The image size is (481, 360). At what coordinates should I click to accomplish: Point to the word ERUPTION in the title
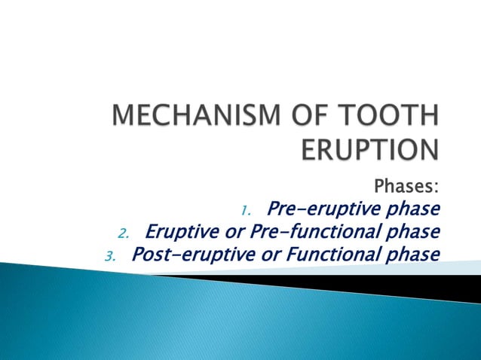(369, 148)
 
